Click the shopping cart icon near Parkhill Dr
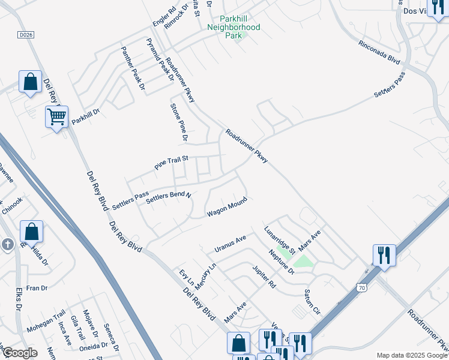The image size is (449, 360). [56, 116]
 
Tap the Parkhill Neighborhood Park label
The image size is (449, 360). [234, 27]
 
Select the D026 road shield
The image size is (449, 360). [25, 35]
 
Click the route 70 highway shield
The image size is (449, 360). [361, 289]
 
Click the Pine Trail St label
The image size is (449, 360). [171, 163]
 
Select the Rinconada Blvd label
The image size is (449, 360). [379, 53]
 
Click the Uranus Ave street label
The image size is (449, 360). [231, 244]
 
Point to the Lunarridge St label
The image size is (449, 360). [278, 239]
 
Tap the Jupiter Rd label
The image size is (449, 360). [264, 277]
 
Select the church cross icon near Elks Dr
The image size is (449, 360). [7, 244]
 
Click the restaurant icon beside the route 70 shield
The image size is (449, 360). [384, 254]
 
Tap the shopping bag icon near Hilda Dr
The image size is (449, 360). [31, 231]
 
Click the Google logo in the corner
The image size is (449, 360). [19, 353]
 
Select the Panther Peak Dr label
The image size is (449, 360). [133, 68]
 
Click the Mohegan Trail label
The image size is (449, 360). [46, 322]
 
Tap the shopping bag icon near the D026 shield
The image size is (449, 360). [30, 82]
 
